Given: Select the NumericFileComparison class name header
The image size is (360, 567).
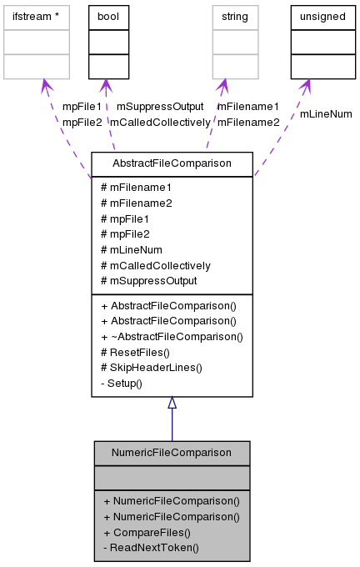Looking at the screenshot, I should tap(172, 452).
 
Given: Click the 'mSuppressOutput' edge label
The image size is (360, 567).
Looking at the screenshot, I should tap(160, 107).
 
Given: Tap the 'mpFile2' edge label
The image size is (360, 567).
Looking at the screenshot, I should tap(82, 122).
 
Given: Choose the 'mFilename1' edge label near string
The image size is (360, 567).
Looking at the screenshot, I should tap(248, 107).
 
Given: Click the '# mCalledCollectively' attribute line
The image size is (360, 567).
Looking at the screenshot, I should tap(155, 265).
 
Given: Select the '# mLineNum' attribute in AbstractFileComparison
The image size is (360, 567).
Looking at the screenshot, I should tap(131, 249).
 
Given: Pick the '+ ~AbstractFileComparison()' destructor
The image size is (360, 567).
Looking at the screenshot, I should tap(172, 337).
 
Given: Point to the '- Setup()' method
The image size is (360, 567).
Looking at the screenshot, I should tap(122, 384).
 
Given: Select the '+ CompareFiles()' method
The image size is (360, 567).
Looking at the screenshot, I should tap(147, 532).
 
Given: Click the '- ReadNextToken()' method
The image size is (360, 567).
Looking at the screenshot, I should tap(151, 548).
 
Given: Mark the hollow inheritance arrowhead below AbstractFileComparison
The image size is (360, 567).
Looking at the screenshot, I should tap(172, 404).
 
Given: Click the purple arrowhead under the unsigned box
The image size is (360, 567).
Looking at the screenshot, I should tap(306, 85).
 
